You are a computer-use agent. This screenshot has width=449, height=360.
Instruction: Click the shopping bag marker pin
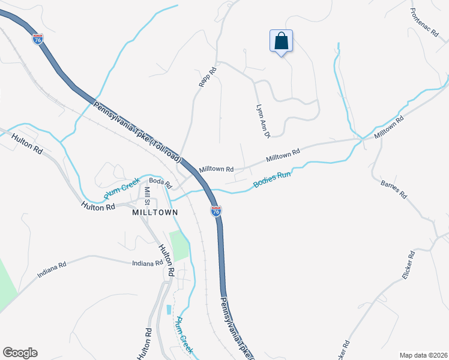point(281,42)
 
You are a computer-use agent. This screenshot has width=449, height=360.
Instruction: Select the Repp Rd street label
point(206,77)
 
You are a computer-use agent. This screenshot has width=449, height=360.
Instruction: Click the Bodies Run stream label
point(272,178)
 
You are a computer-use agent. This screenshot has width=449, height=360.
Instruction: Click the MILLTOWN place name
point(155,212)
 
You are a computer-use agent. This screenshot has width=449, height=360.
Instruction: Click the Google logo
point(20,353)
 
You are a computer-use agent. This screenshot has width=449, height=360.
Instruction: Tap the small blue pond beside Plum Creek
point(168,310)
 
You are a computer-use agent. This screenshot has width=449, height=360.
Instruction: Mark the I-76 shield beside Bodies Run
point(216,211)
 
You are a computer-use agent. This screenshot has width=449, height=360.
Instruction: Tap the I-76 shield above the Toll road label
point(38,40)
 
